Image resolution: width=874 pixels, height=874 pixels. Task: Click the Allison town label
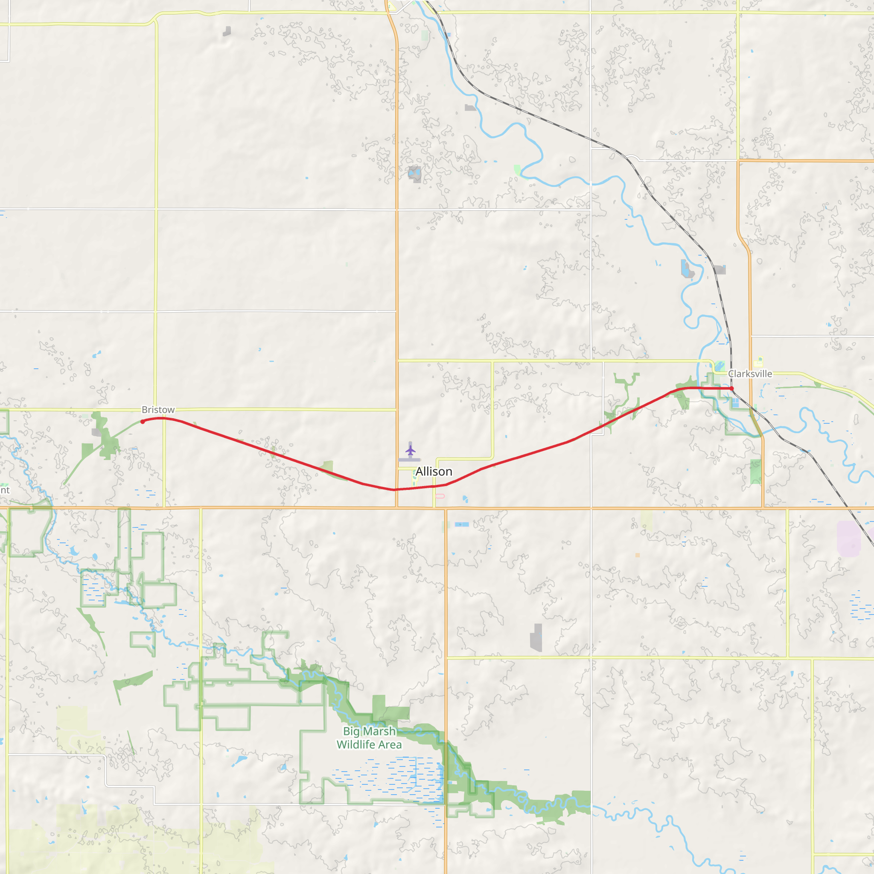[x=434, y=472]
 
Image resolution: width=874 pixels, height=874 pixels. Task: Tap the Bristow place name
[x=158, y=409]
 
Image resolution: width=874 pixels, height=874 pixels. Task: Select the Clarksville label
[x=749, y=374]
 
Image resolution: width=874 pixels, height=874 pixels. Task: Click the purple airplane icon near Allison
[x=410, y=450]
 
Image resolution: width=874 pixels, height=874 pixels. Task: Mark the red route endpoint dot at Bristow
[x=143, y=422]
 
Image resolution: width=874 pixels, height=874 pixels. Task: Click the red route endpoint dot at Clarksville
[x=731, y=388]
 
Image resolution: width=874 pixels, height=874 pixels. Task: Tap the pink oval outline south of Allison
[x=440, y=496]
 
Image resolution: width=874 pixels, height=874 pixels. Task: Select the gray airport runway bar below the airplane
[x=409, y=460]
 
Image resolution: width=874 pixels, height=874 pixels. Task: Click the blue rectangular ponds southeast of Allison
[x=462, y=524]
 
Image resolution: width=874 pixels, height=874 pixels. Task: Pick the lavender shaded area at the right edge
[x=848, y=538]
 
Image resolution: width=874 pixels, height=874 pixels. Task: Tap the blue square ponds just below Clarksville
[x=735, y=402]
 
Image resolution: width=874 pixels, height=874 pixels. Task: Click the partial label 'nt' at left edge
[x=5, y=490]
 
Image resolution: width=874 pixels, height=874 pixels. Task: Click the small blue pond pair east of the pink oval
[x=466, y=499]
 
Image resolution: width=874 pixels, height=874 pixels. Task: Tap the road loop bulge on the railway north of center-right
[x=632, y=158]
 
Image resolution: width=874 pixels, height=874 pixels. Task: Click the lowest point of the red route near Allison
[x=393, y=489]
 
